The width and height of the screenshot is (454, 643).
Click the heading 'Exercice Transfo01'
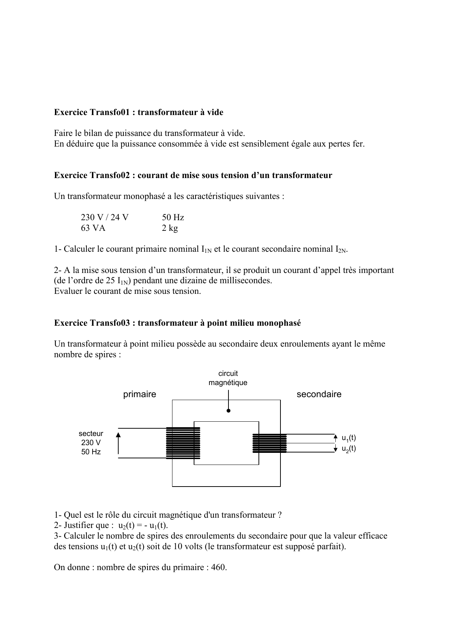(x=138, y=112)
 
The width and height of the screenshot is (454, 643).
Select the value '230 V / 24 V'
(x=105, y=218)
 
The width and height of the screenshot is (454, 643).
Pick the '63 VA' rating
(x=93, y=228)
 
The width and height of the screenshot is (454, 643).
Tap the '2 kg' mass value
(x=170, y=228)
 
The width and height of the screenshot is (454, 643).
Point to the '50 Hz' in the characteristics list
(x=173, y=218)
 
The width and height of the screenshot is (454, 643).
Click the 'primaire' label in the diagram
(x=139, y=395)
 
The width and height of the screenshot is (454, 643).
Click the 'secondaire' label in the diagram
(x=319, y=395)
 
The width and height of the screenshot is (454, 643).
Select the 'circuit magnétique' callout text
(x=228, y=378)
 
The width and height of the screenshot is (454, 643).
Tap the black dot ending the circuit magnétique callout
(x=228, y=411)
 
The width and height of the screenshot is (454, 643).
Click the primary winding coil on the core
(x=183, y=443)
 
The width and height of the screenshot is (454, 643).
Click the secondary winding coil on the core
(x=269, y=443)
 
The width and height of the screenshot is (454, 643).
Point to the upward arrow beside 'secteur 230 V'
(x=118, y=443)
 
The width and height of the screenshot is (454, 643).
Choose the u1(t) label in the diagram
(x=349, y=438)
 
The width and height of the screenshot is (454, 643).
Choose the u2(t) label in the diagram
(x=349, y=449)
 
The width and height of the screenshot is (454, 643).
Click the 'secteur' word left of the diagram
(x=91, y=434)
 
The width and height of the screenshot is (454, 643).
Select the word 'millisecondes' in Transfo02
(x=246, y=281)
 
